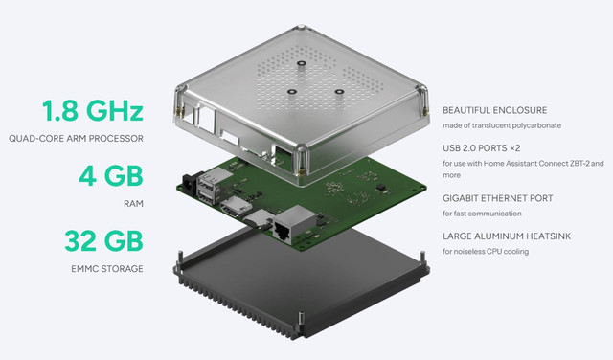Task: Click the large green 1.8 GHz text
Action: coord(93,111)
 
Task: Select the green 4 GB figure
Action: coord(111,176)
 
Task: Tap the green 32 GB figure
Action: coord(104,241)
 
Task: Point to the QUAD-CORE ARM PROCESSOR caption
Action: coord(76,139)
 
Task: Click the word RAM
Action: coord(134,204)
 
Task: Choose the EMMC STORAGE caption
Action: coord(107,269)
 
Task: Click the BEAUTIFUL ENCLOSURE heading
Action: coord(494,110)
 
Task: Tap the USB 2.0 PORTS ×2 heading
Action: coord(481,148)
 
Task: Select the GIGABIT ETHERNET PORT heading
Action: coord(498,198)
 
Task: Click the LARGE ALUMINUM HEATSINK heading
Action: coord(507,236)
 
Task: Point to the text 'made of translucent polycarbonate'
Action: coord(502,125)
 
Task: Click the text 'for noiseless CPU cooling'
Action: coord(486,252)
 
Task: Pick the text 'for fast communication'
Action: coord(482,214)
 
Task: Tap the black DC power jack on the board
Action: coord(192,182)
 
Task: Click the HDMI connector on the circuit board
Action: coord(236,207)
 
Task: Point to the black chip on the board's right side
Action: coord(381,189)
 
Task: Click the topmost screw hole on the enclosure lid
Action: coord(301,63)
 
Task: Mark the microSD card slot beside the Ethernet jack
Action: coord(259,219)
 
